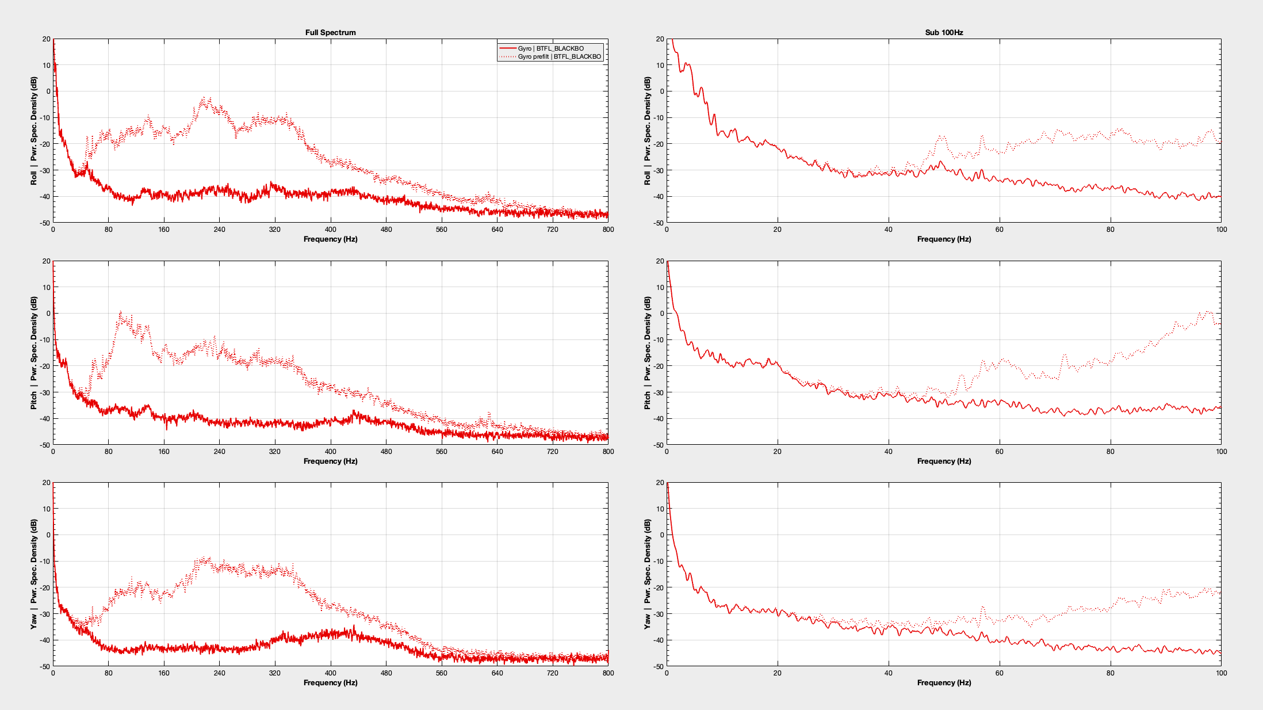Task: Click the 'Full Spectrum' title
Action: coord(330,32)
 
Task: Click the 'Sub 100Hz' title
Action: coord(944,32)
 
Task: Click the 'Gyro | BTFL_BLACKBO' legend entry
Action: coord(550,48)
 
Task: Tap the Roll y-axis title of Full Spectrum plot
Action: coord(34,131)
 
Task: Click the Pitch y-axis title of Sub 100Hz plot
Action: coord(648,353)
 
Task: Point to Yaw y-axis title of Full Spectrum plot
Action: coord(34,574)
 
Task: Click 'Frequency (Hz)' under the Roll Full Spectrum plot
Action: coord(330,239)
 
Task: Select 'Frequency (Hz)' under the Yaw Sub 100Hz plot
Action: coord(944,682)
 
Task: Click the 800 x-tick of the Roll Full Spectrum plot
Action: coord(608,230)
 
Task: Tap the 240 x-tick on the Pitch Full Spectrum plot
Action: coord(220,452)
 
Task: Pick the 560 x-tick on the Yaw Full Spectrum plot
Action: coord(441,673)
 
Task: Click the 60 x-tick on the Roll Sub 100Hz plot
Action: coord(999,230)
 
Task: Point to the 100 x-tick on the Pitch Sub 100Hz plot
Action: coord(1221,452)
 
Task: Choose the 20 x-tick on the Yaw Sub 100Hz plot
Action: coord(778,673)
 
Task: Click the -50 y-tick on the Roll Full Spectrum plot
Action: coord(45,223)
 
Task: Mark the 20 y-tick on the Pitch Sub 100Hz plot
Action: coord(659,261)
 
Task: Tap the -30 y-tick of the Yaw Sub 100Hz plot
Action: coord(658,614)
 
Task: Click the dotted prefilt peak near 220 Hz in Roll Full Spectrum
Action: coord(204,99)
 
